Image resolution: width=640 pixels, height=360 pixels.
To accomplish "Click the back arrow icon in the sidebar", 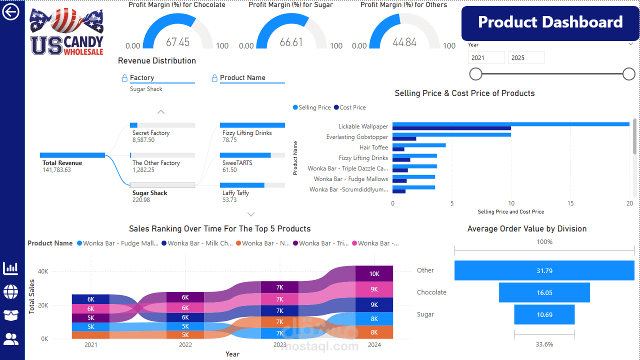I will [x=10, y=12].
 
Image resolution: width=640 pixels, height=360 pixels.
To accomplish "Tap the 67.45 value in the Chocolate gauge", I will [x=177, y=42].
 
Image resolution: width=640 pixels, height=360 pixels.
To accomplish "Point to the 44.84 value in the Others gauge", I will [x=404, y=42].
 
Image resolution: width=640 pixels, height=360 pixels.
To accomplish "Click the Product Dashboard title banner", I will [x=550, y=22].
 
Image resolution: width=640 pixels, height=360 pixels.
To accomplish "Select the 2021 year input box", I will [x=486, y=57].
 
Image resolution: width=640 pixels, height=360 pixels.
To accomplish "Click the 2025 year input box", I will [x=526, y=57].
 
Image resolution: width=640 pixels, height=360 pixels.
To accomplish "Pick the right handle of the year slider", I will [x=628, y=74].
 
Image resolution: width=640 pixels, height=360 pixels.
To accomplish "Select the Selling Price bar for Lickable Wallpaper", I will [x=510, y=124].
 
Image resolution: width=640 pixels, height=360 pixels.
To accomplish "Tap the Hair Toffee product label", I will [x=373, y=147].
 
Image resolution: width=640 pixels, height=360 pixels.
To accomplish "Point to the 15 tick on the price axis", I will [x=570, y=203].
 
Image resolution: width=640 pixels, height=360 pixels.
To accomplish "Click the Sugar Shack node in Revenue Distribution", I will [x=149, y=192].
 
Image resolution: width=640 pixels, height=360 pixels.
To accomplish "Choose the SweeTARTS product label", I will [x=237, y=163].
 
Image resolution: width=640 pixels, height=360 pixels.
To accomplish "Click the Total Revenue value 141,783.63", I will [x=56, y=170].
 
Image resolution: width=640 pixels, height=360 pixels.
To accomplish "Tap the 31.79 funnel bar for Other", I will [x=544, y=270].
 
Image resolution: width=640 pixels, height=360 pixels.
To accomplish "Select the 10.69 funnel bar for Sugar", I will [x=544, y=314].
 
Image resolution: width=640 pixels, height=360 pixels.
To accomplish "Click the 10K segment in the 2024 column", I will [x=374, y=273].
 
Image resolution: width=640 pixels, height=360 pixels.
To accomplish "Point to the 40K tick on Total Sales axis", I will [x=43, y=271].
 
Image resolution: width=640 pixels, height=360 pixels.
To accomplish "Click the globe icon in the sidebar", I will [x=10, y=291].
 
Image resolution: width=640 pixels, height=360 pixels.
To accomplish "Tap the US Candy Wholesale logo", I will [x=66, y=31].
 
